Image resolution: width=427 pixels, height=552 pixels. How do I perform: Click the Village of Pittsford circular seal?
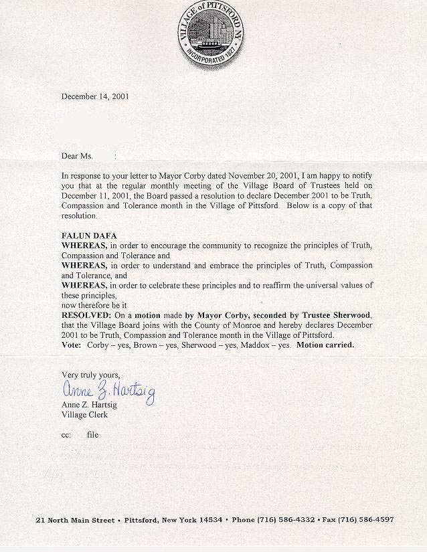(211, 35)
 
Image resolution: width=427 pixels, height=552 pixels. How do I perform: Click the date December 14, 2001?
(95, 96)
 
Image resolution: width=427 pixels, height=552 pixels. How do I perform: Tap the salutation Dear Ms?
(77, 156)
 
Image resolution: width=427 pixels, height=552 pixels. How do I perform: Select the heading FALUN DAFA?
(89, 236)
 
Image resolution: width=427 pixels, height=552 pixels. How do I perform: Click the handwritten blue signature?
(108, 390)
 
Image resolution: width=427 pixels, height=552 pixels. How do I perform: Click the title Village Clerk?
(84, 415)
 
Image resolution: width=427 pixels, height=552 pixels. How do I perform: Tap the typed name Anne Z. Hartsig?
(89, 405)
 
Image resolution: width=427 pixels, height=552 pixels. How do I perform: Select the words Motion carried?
(325, 345)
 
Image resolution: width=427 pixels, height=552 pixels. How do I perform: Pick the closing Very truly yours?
(91, 375)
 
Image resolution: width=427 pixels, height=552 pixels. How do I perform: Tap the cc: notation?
(66, 435)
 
